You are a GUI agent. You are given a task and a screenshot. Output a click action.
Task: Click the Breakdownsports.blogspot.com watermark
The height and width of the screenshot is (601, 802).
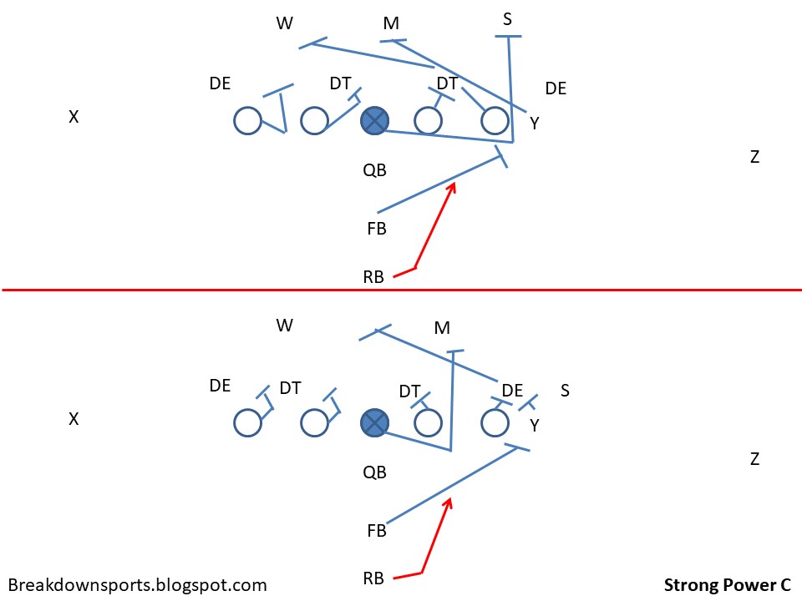(x=137, y=585)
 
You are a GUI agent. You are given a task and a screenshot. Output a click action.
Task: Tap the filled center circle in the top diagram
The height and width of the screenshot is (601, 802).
(x=375, y=121)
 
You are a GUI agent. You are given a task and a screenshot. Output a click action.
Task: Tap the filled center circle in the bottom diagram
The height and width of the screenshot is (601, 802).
(x=375, y=423)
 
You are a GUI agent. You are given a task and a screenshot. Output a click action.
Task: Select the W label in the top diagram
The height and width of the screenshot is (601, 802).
(x=285, y=23)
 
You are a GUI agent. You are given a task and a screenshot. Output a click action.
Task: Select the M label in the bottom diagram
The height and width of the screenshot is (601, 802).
(x=443, y=328)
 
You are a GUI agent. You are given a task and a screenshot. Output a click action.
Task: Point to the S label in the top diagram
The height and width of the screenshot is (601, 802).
(x=508, y=18)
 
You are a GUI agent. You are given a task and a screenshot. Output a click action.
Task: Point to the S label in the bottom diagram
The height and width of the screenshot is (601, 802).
(x=565, y=390)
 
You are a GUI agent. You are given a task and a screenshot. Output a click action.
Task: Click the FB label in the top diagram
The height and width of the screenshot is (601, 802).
(x=377, y=227)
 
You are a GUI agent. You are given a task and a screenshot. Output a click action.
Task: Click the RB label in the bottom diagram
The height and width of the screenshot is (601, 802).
(x=373, y=578)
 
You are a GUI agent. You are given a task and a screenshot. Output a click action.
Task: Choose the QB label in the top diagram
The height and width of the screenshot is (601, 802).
(x=374, y=170)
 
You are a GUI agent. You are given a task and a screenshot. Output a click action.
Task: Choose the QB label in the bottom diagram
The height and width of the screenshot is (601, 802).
(x=374, y=472)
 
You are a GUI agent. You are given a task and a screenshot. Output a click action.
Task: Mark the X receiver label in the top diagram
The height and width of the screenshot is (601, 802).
(x=74, y=118)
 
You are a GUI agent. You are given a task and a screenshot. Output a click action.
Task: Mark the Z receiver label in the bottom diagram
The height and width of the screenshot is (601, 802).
(x=754, y=458)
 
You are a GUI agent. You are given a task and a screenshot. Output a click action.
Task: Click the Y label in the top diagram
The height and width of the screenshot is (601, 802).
(x=535, y=124)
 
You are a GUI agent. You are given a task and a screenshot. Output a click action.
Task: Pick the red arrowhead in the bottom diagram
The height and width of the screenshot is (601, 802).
(x=449, y=503)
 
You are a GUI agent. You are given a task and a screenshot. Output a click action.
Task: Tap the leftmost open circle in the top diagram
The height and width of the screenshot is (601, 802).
(x=247, y=121)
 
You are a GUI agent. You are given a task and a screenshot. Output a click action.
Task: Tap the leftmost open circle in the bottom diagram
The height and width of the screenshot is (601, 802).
(x=247, y=423)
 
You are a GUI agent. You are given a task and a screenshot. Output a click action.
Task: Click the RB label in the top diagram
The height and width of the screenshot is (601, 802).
(x=373, y=277)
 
